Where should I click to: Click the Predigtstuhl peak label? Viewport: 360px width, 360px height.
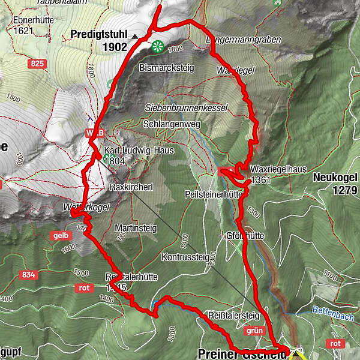tap(99, 34)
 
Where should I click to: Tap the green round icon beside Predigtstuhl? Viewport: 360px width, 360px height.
tap(158, 46)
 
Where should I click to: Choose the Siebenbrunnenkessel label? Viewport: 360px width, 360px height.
tap(186, 107)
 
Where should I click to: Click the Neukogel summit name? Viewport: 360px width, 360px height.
tap(335, 177)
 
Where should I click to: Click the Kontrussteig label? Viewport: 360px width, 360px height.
tap(185, 256)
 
